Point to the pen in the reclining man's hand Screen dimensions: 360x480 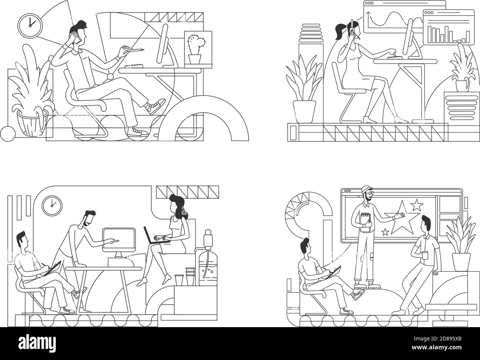pos(134,49)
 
